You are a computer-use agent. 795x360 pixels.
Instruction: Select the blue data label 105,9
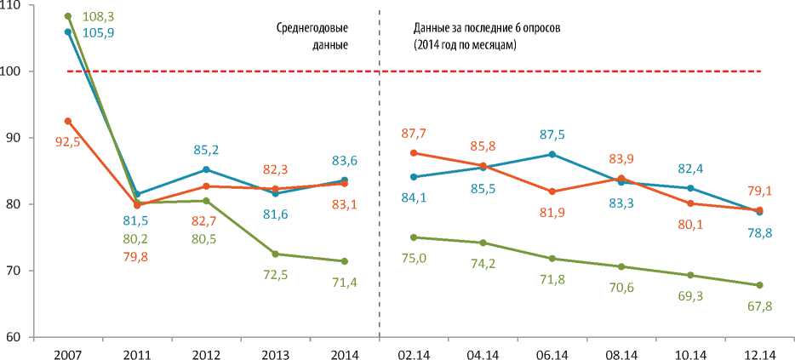[100, 32]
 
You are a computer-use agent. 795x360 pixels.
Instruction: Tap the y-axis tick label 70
[15, 271]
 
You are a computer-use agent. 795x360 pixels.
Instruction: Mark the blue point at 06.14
[552, 154]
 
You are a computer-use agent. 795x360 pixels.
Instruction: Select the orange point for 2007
[68, 121]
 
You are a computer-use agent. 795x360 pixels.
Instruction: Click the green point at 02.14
[414, 237]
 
